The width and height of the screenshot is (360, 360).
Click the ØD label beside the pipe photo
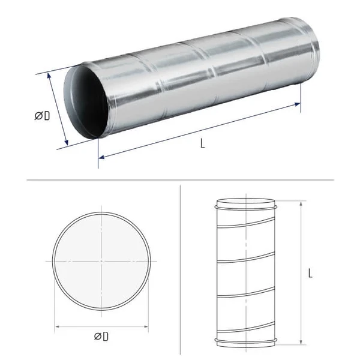pyautogui.click(x=42, y=116)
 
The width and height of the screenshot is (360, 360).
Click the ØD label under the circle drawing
pyautogui.click(x=101, y=337)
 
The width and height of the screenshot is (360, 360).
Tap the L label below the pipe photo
pyautogui.click(x=202, y=143)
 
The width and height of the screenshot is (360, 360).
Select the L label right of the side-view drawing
pyautogui.click(x=310, y=273)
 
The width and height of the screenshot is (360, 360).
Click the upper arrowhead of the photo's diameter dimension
pyautogui.click(x=49, y=76)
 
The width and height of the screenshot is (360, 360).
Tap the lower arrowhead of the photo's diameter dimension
pyautogui.click(x=67, y=142)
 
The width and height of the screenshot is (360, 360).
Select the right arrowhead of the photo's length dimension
pyautogui.click(x=297, y=104)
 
